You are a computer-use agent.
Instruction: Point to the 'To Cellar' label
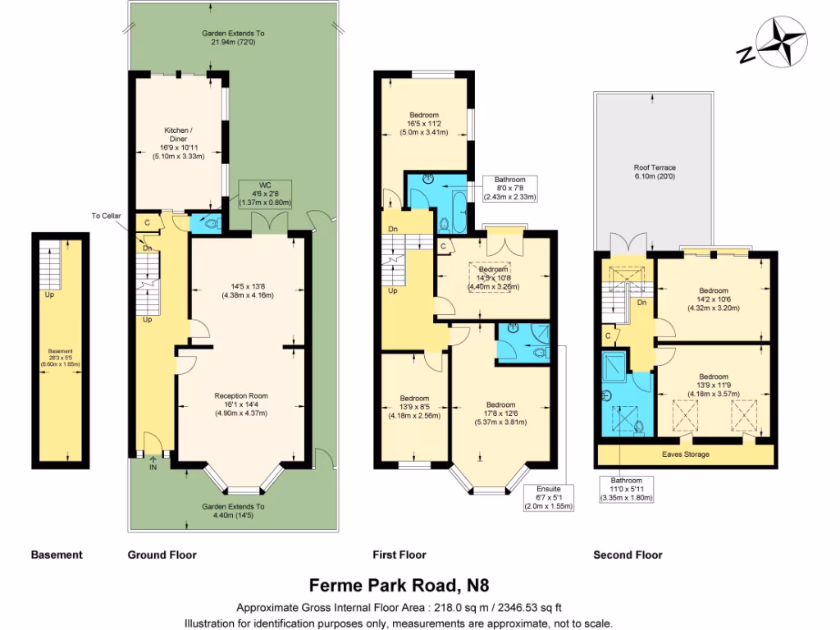[106, 216]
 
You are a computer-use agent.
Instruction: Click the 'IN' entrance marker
[153, 468]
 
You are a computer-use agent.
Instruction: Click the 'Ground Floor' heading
[162, 555]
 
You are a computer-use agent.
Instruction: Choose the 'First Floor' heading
[399, 555]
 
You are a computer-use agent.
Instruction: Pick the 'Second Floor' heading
[628, 555]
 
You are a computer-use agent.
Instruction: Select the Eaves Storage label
[686, 454]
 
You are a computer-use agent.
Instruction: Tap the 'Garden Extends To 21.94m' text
[238, 38]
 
